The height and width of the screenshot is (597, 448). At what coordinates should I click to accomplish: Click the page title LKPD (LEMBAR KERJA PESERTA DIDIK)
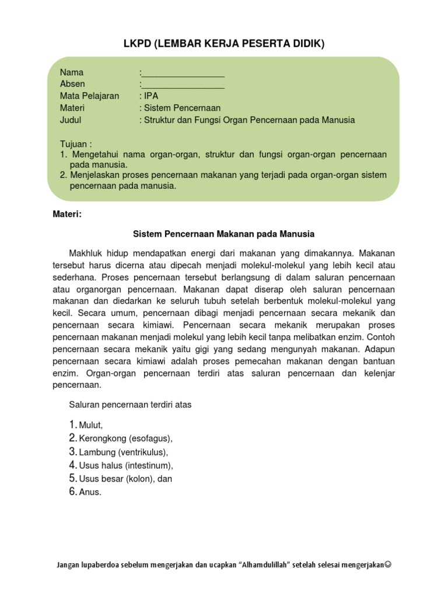(224, 44)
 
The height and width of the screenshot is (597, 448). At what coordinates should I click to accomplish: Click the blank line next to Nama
(183, 73)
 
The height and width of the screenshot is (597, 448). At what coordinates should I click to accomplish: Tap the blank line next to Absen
(183, 85)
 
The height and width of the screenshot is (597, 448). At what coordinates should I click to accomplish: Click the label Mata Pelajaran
(89, 96)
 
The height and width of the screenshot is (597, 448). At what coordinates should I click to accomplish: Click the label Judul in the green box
(71, 120)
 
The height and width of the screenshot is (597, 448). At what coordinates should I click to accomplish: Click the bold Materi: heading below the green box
(67, 214)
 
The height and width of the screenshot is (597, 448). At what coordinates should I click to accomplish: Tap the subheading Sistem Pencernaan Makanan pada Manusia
(224, 234)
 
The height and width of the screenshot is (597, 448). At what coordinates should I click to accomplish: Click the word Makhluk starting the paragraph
(87, 254)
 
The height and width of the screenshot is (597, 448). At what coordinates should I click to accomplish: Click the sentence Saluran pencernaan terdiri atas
(130, 404)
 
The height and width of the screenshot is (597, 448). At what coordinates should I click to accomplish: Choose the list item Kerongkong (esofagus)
(125, 438)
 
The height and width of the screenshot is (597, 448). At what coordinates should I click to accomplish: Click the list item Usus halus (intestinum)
(125, 465)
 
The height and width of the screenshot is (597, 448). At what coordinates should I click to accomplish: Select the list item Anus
(90, 492)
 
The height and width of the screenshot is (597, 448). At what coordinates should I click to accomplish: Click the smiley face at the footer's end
(388, 565)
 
